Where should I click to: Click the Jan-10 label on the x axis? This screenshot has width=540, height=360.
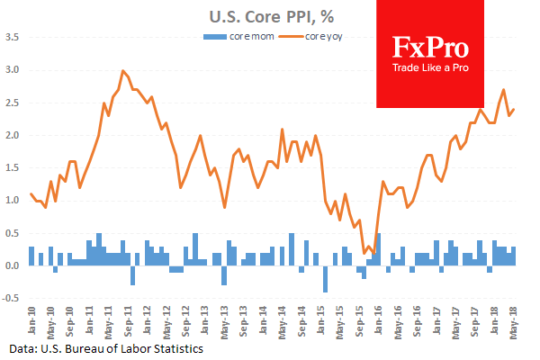click(x=30, y=319)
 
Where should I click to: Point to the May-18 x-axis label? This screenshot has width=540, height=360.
click(x=513, y=319)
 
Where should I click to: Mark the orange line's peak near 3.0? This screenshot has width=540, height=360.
click(x=122, y=70)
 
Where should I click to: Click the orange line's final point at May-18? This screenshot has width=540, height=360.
click(x=514, y=110)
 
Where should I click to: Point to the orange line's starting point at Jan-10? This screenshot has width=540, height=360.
click(x=31, y=193)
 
